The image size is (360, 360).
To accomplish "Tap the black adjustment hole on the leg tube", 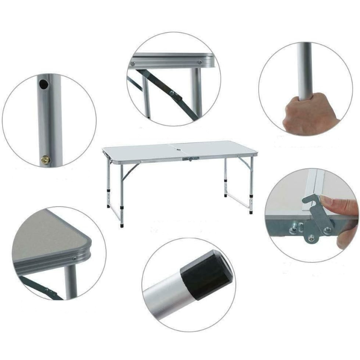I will coord(43,84).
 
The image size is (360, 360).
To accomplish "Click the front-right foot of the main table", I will coord(251,211).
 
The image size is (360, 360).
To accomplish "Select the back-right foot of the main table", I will coord(225,196).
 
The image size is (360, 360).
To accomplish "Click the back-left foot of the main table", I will coord(108,206).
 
